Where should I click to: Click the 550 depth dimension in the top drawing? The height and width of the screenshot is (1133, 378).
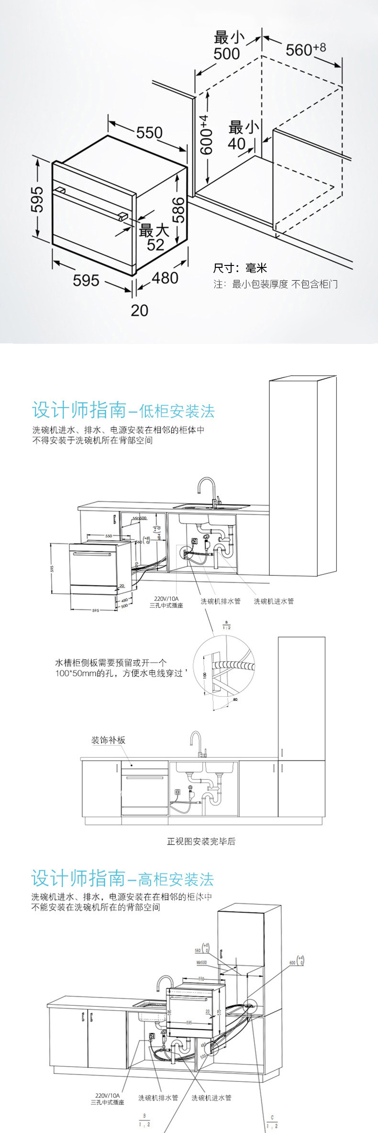click(149, 132)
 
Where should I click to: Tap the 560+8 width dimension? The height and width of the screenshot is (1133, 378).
click(305, 49)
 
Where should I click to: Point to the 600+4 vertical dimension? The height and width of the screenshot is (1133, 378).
click(206, 134)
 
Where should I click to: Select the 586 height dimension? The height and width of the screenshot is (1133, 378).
click(178, 210)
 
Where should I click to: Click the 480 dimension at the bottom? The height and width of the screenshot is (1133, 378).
click(165, 277)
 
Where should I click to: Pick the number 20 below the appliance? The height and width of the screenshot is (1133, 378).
click(139, 310)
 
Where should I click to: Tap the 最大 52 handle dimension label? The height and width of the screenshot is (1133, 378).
click(154, 237)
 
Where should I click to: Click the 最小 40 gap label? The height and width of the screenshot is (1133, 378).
click(242, 135)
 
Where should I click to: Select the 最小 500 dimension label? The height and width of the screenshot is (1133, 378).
click(227, 45)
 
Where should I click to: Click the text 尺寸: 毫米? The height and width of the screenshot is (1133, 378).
click(240, 268)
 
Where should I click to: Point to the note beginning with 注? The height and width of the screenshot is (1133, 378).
click(275, 285)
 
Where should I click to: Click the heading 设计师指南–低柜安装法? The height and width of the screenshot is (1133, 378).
click(123, 411)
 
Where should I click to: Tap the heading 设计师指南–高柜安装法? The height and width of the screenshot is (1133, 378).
click(122, 879)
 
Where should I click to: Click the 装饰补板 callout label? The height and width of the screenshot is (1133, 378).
click(108, 740)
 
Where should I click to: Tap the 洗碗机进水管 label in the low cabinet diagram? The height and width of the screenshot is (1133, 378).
click(274, 601)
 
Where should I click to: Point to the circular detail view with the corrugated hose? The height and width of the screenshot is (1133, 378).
click(225, 668)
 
